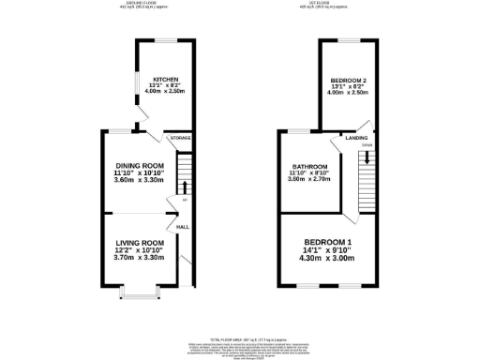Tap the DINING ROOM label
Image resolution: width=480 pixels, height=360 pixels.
coord(133,166)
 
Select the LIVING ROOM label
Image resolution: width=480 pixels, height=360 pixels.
coord(139,243)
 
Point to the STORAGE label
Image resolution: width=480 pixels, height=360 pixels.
coord(180,138)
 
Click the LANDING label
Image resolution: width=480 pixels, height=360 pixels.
coord(356,138)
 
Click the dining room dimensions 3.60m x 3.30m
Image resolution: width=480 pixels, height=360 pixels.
coord(133,180)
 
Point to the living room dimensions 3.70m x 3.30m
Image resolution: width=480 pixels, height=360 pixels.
coord(139,257)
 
